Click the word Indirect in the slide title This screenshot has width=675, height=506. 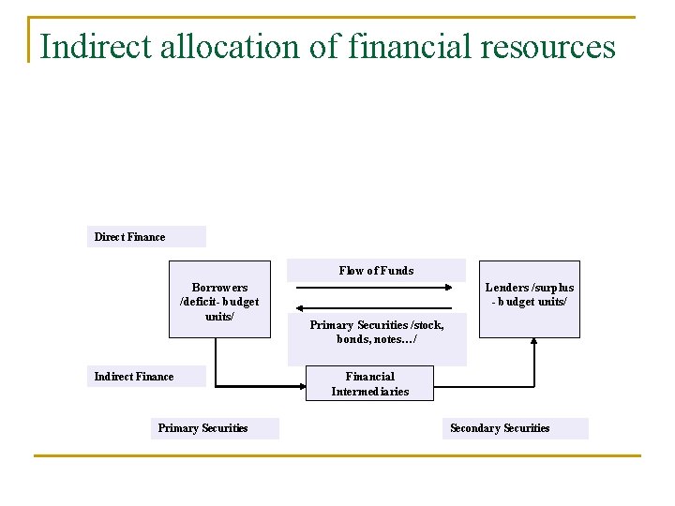point(91,46)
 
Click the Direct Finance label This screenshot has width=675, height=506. point(129,237)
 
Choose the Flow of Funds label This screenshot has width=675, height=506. point(376,271)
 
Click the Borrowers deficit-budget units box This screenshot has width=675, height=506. point(219,299)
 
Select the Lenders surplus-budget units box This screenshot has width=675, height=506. point(530,298)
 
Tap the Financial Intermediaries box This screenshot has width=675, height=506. point(369,384)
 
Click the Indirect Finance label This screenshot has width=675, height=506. point(134,377)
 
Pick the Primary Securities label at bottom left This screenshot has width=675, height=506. point(202,428)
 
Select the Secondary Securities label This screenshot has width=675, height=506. point(500,428)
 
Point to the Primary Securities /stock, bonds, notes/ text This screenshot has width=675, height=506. point(376,332)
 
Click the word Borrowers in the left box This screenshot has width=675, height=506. point(219,288)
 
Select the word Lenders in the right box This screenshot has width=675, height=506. point(507,288)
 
